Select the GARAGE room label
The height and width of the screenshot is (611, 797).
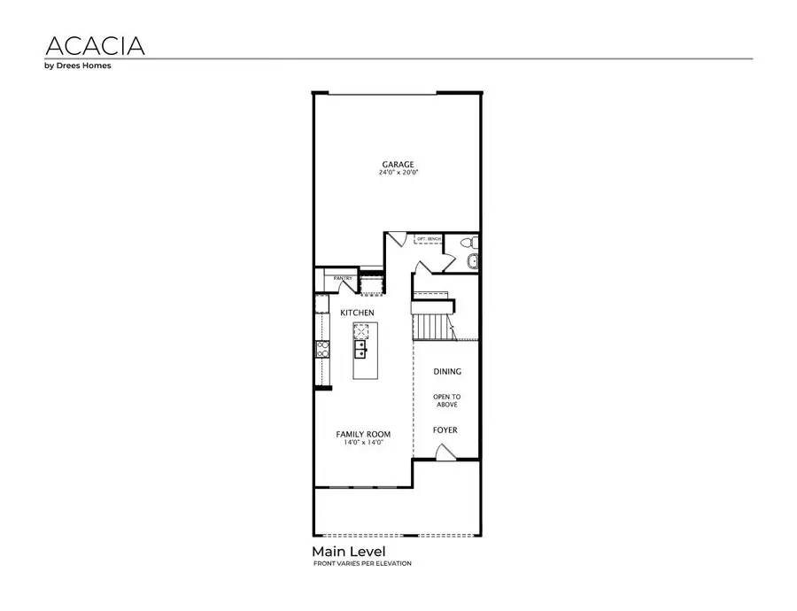(x=398, y=164)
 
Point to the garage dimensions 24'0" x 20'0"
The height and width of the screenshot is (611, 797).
(x=398, y=173)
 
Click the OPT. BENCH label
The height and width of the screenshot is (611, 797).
(x=429, y=239)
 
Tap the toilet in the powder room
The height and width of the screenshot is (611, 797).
(x=470, y=241)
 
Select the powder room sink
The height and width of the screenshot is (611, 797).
(x=472, y=260)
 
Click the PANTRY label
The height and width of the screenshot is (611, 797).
(x=343, y=279)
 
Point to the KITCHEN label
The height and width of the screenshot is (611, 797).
(x=358, y=313)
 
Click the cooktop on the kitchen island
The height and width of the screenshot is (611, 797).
(x=362, y=331)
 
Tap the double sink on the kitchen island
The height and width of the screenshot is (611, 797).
(x=362, y=352)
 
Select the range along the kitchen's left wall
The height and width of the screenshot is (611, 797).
(x=322, y=350)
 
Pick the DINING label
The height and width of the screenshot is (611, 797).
(x=447, y=372)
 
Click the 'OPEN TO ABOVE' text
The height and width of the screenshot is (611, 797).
(x=447, y=400)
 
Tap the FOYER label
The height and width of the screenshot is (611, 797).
(x=445, y=430)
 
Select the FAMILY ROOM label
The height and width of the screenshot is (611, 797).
(x=363, y=434)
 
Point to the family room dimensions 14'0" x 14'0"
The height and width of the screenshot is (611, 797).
(x=363, y=443)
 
